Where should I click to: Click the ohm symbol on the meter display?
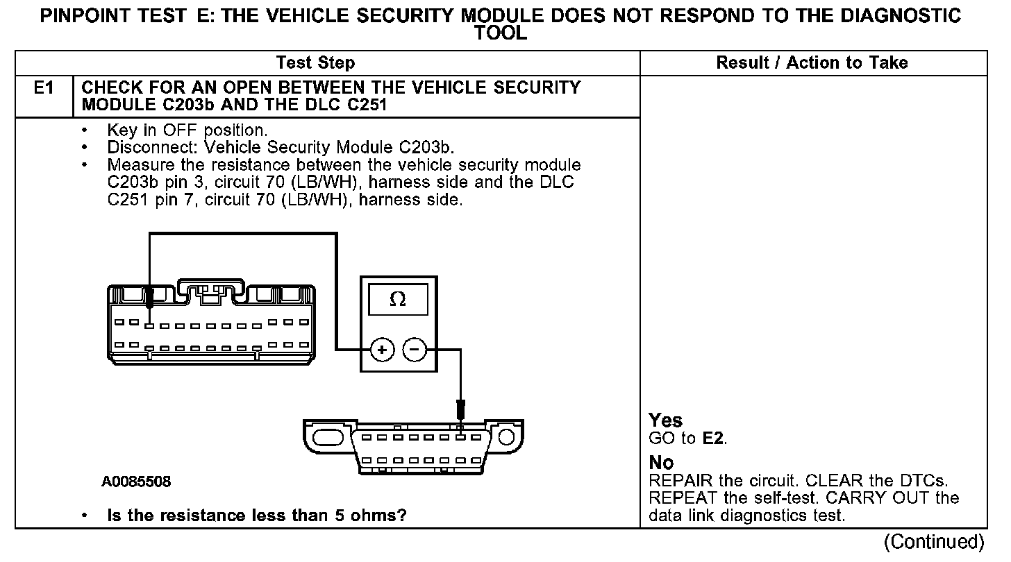398,299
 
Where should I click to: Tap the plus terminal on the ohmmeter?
381,350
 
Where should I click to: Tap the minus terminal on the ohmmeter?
415,350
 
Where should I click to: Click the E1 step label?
43,88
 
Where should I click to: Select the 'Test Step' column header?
315,63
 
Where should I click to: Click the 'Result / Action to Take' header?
812,63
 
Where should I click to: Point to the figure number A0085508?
136,482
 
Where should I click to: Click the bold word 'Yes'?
665,420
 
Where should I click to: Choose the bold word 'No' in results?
661,462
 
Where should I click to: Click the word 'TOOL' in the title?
501,33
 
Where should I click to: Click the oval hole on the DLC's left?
330,438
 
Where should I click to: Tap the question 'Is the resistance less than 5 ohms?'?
256,516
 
